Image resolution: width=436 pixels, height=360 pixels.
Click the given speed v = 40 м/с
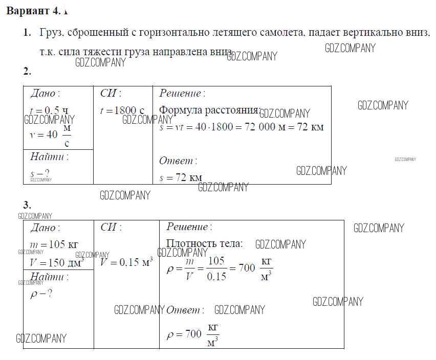(50, 136)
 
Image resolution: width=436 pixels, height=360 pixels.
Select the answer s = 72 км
(181, 178)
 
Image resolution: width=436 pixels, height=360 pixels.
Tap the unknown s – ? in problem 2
(40, 173)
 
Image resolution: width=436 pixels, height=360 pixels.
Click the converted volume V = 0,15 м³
(126, 262)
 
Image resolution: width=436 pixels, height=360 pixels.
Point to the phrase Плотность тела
(204, 244)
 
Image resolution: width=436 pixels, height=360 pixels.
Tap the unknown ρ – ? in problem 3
(41, 294)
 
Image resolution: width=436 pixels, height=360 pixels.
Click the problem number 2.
(27, 71)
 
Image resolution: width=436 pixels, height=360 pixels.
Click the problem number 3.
(27, 206)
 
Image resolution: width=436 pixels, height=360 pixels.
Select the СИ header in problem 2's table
(111, 93)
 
